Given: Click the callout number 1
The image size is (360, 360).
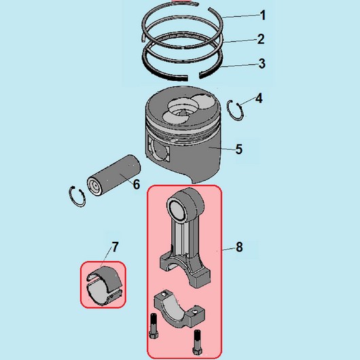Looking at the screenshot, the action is pyautogui.click(x=263, y=16).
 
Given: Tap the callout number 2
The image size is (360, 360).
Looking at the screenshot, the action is pyautogui.click(x=261, y=39).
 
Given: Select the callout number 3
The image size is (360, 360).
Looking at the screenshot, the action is pyautogui.click(x=262, y=64).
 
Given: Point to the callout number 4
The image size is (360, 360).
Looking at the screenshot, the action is pyautogui.click(x=259, y=98).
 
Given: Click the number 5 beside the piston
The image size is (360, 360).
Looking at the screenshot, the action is pyautogui.click(x=239, y=149).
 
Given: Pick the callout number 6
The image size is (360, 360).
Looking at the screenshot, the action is pyautogui.click(x=137, y=184).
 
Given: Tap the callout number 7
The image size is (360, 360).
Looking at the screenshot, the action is pyautogui.click(x=115, y=247).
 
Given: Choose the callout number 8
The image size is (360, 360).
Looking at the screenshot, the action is pyautogui.click(x=239, y=247).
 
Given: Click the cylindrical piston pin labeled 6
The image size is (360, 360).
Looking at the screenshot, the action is pyautogui.click(x=114, y=175).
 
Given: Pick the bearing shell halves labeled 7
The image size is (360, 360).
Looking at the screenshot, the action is pyautogui.click(x=105, y=285).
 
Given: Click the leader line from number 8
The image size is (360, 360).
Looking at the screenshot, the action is pyautogui.click(x=229, y=249).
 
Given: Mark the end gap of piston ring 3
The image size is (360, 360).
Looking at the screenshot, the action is pyautogui.click(x=194, y=77).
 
